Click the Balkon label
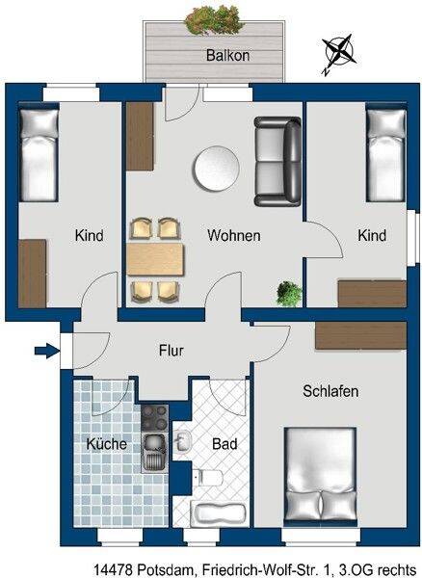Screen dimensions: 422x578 click(227, 55)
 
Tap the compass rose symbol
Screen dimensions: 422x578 click(338, 54)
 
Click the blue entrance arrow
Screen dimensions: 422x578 click(47, 351)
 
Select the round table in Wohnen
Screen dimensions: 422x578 click(217, 169)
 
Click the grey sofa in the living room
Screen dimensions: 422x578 click(277, 161)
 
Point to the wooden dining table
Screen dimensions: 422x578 click(155, 259)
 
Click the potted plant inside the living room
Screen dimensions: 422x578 click(289, 293)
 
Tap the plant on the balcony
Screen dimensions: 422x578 click(213, 20)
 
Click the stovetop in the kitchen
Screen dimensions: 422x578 click(155, 418)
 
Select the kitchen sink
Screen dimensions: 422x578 click(155, 453)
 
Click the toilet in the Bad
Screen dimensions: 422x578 click(210, 478)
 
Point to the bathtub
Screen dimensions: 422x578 click(220, 512)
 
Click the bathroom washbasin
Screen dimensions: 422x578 click(183, 441)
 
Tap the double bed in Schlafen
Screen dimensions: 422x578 click(320, 476)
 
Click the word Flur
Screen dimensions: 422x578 click(171, 351)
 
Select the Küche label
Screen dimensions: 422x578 click(107, 443)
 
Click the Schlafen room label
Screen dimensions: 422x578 click(330, 391)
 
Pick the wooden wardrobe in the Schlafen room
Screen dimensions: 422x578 click(360, 335)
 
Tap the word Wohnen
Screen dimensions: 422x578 click(234, 235)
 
